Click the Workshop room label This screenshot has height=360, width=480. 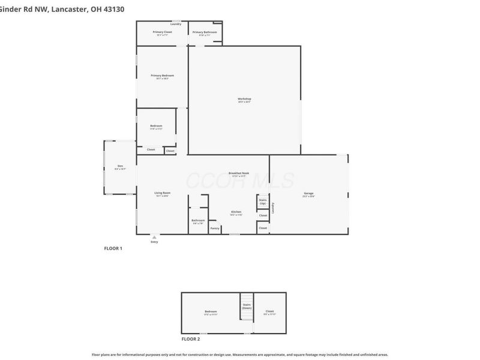244,98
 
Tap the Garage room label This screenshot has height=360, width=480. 308,193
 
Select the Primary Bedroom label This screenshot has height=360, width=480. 162,75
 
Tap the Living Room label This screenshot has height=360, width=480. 163,193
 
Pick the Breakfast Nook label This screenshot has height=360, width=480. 239,173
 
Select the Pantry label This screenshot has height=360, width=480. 214,228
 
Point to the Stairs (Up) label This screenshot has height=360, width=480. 263,202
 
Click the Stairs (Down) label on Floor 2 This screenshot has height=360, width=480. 247,306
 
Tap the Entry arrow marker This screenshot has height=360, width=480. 154,237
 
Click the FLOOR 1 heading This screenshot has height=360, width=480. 113,248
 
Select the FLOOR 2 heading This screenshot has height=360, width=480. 191,339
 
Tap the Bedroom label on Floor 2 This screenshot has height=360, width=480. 210,311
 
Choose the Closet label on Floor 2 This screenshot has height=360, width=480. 269,311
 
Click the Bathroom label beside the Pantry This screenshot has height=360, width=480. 198,220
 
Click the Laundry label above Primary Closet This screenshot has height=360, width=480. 176,24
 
